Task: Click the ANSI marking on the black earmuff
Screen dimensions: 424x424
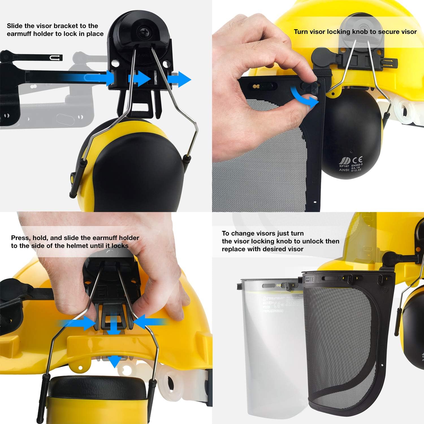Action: coord(344,170)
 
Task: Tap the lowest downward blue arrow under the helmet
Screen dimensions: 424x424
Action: coord(114,360)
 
